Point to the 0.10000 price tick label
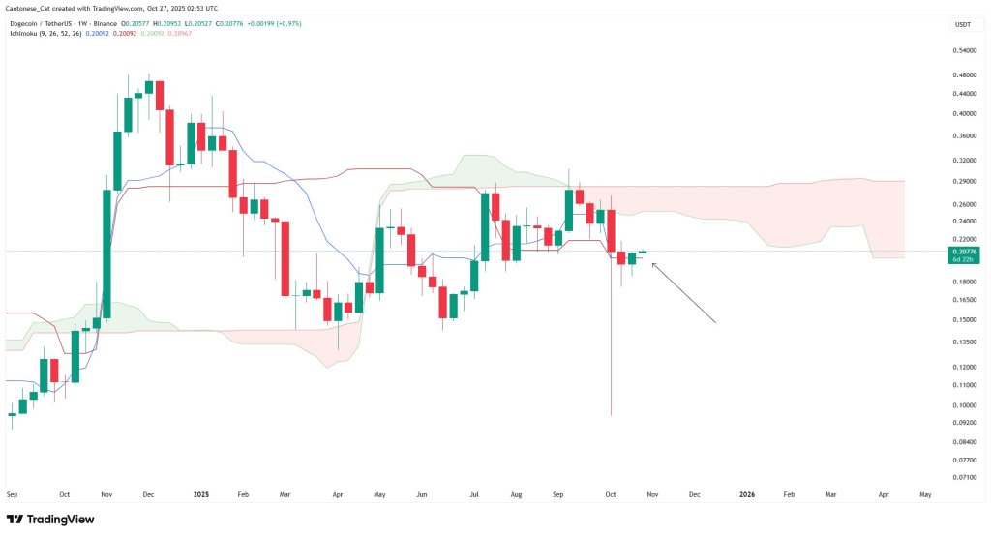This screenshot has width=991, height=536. tap(965, 404)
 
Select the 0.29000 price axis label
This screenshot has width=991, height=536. tap(965, 181)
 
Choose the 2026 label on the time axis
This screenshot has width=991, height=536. tap(747, 493)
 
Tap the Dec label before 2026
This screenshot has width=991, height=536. tap(694, 493)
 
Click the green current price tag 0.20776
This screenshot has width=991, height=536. tap(964, 252)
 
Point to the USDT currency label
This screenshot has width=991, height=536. tap(963, 24)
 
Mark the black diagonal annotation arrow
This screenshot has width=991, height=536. tap(683, 292)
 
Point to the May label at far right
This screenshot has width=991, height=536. tap(925, 493)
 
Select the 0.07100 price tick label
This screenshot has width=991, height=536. tap(965, 477)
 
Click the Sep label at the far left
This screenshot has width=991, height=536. tap(13, 493)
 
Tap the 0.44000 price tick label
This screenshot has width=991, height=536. tap(965, 93)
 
